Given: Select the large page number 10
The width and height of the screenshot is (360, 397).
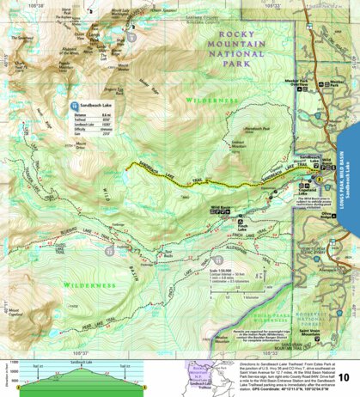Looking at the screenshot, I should click(x=343, y=376).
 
